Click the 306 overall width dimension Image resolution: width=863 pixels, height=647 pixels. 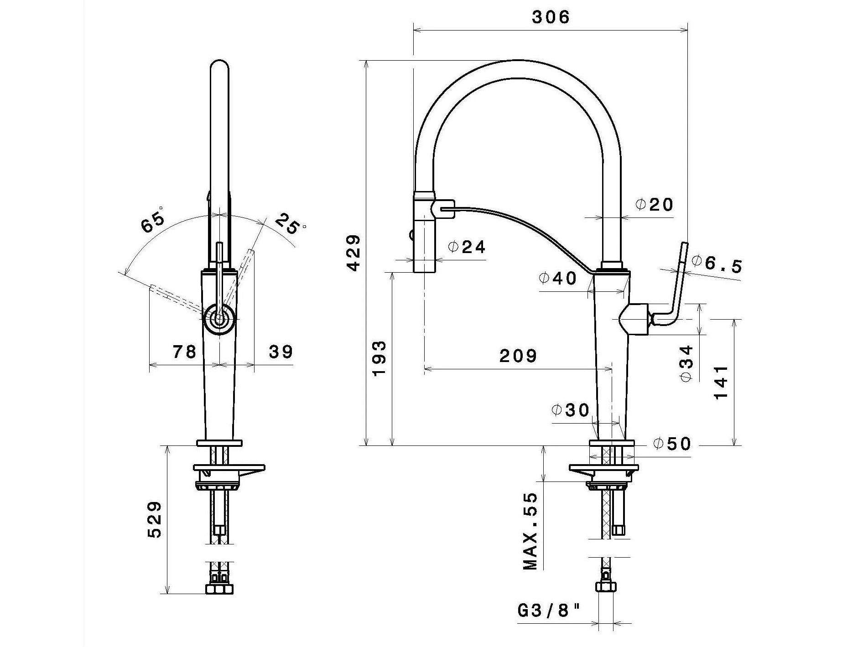(551, 17)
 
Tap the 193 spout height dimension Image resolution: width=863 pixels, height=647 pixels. (379, 358)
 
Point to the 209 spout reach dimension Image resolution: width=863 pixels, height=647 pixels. (518, 356)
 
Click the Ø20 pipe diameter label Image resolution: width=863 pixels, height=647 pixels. (655, 205)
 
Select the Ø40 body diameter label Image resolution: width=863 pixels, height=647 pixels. (557, 278)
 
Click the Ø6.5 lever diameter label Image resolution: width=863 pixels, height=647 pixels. (717, 264)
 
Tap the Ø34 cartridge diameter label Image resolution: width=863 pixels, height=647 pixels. (686, 363)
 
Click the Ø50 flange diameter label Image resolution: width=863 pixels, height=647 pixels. (672, 443)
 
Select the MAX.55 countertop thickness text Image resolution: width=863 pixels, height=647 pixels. (530, 532)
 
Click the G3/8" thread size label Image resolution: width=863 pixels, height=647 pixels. (550, 611)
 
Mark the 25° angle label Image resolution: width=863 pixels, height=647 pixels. (290, 223)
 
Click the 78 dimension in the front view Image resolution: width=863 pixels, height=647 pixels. (184, 352)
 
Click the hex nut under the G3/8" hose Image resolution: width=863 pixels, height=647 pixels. (605, 586)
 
